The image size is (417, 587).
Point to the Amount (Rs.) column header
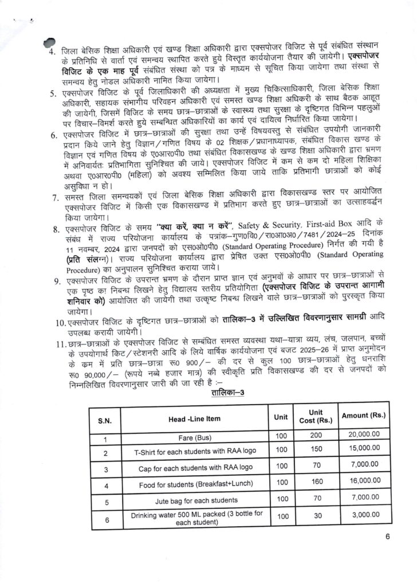pos(363,415)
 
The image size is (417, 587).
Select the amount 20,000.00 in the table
pos(364,436)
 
